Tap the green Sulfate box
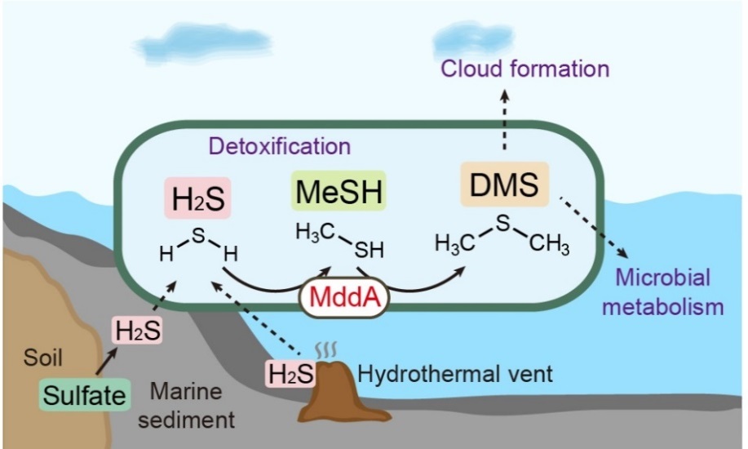point(86,397)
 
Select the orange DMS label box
point(504,185)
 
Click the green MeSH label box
point(339,195)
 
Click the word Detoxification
point(280,146)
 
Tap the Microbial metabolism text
point(670,291)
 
